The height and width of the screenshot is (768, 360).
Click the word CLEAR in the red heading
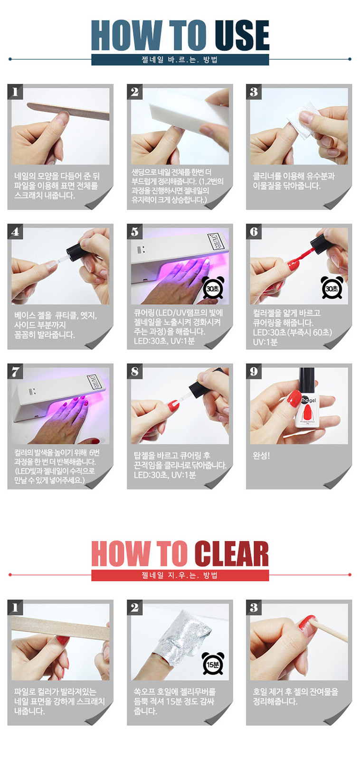(x=231, y=554)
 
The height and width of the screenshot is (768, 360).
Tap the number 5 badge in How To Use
(x=134, y=232)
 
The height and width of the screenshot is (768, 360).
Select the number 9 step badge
(x=254, y=371)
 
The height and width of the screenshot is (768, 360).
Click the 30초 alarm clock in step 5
(x=213, y=288)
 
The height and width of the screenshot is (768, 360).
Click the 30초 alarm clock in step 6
(x=332, y=288)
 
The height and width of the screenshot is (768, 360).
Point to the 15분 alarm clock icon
(x=213, y=665)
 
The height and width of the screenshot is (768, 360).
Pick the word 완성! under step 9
(x=261, y=455)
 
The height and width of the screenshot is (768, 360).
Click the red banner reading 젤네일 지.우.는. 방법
(x=180, y=575)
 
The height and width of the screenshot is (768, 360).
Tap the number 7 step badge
(x=15, y=371)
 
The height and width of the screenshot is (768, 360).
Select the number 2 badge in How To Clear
(x=134, y=607)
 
